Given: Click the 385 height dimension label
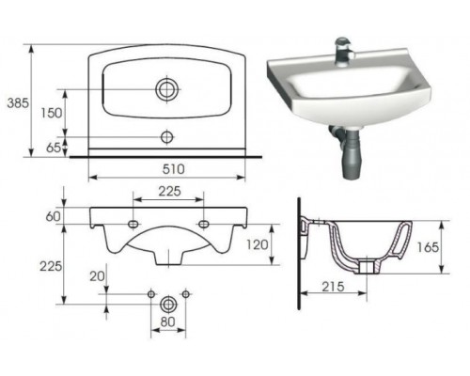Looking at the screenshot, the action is click(18, 103).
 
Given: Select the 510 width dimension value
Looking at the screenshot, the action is click(173, 169).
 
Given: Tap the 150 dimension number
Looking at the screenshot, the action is click(52, 113).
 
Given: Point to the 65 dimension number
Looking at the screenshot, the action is click(54, 148).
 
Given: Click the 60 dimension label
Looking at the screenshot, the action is click(53, 216).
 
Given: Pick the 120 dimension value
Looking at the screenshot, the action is click(258, 244).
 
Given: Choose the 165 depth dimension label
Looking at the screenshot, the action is click(428, 247).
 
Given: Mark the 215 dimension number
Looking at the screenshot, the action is click(333, 287).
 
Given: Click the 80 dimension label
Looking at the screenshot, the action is click(167, 321).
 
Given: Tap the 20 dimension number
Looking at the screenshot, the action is click(97, 276).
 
